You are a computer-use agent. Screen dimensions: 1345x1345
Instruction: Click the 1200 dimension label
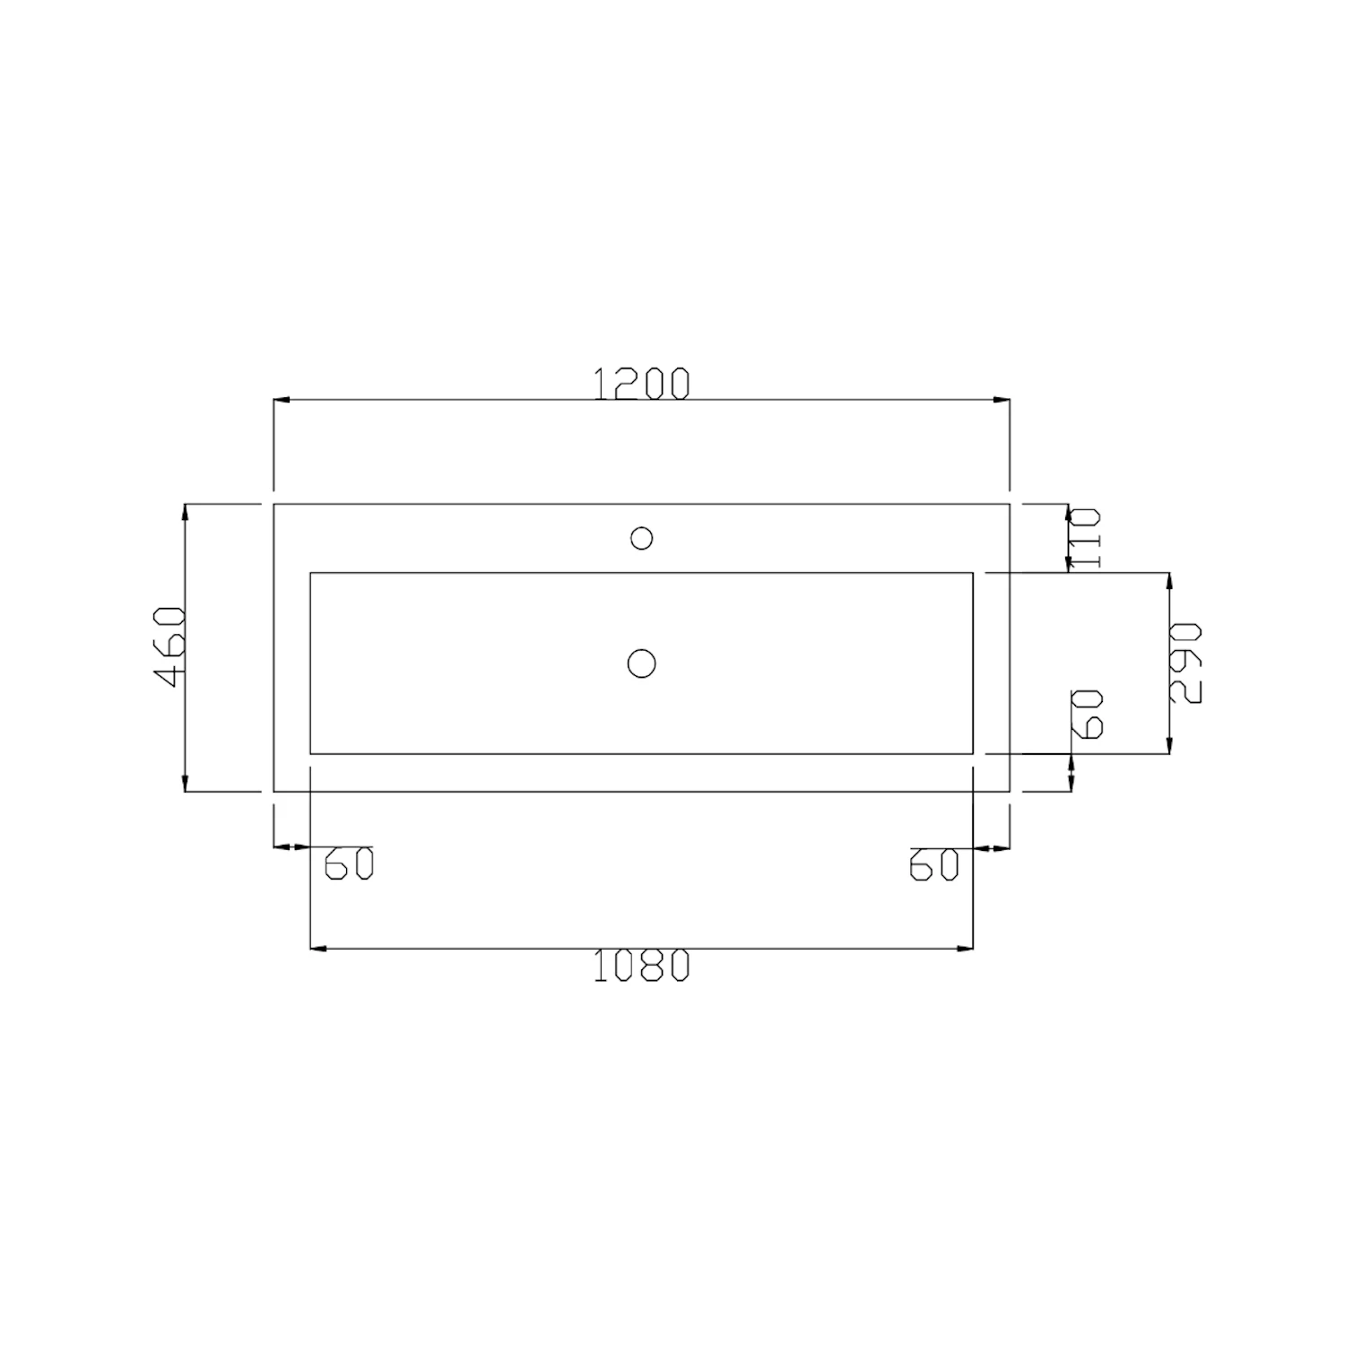pos(642,383)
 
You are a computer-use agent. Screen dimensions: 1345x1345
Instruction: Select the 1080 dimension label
pos(642,965)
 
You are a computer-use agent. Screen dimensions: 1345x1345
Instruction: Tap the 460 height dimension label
pos(170,647)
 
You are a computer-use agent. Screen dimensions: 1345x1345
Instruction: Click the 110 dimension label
pos(1085,538)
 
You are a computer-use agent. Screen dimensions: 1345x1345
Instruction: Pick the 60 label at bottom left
pos(348,863)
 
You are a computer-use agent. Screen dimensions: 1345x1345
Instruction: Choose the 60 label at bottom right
pos(934,863)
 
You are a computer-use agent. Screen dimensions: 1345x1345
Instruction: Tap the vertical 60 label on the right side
pos(1087,714)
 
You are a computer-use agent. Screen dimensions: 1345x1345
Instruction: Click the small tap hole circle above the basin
pos(641,538)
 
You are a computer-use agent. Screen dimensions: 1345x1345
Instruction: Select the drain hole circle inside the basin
pos(641,664)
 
